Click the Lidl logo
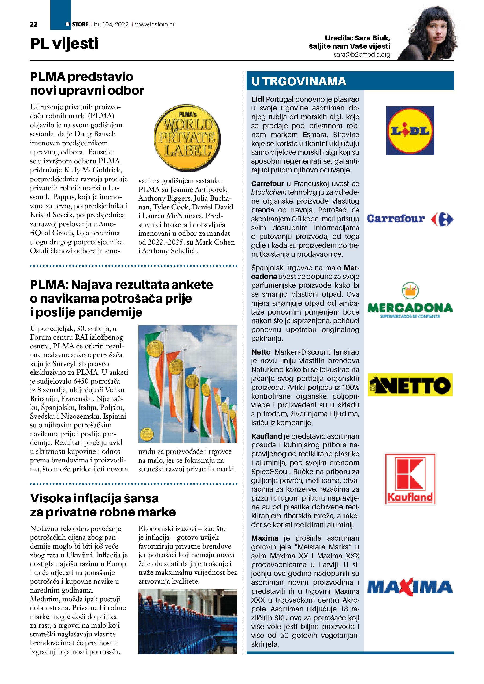410,131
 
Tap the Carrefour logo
410,219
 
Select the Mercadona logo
410,301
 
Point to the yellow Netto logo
410,385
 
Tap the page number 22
34,24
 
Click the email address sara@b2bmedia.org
362,55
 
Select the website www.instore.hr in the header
155,24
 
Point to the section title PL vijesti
64,44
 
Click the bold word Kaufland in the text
266,436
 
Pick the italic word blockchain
269,192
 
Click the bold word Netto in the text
261,352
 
